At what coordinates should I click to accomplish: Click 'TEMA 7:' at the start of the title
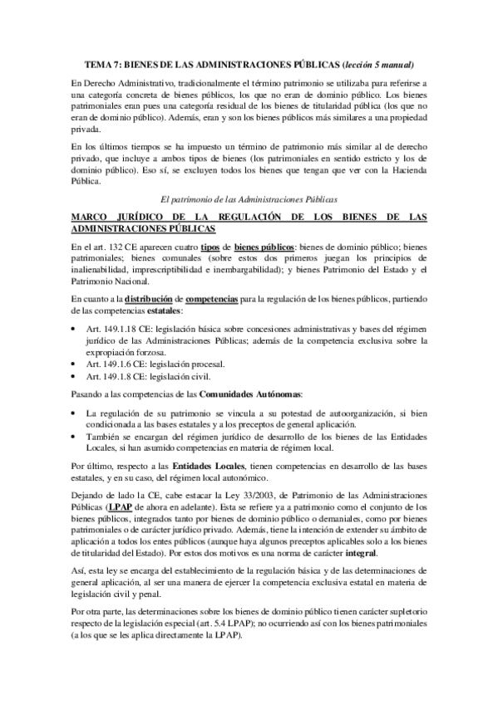point(105,64)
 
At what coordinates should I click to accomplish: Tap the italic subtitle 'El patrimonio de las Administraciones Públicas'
point(248,199)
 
